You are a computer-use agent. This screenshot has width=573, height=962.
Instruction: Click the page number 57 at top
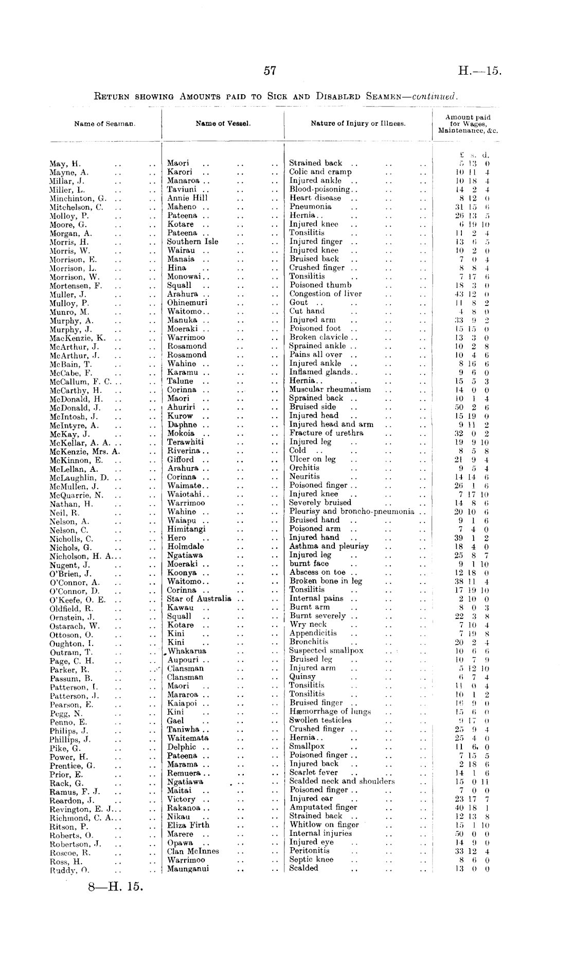coord(270,72)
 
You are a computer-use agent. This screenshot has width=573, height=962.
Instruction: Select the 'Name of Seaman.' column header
coord(104,124)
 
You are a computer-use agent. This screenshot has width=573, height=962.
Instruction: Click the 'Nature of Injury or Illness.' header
coord(358,124)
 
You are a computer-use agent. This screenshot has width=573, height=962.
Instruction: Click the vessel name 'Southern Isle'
coord(192,242)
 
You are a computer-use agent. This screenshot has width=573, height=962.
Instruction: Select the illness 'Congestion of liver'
coord(326,294)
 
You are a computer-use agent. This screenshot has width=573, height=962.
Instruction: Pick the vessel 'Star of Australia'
coord(199,598)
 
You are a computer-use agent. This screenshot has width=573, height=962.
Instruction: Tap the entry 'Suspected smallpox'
coord(326,650)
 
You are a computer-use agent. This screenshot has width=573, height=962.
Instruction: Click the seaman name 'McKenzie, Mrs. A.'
coord(85,451)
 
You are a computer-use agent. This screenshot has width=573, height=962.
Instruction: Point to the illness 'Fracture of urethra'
coord(326,433)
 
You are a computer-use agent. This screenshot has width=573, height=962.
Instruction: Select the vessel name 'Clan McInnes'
coord(193,851)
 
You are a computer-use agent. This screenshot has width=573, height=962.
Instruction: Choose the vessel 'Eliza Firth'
coord(188,825)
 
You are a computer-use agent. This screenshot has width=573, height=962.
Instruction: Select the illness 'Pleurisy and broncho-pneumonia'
coord(352,511)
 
